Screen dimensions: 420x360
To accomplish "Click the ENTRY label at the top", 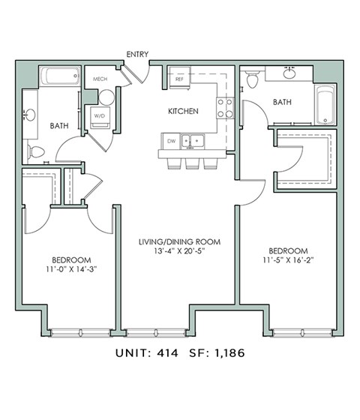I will [138, 54].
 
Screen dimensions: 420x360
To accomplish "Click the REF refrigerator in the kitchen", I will [180, 78].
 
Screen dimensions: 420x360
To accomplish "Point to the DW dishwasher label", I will [172, 140].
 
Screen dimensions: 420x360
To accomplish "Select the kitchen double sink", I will [196, 140].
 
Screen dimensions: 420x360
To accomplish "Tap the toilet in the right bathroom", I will [253, 78].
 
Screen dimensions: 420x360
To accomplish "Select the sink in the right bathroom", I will [291, 74].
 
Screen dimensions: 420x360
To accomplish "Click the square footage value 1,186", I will [230, 351].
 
